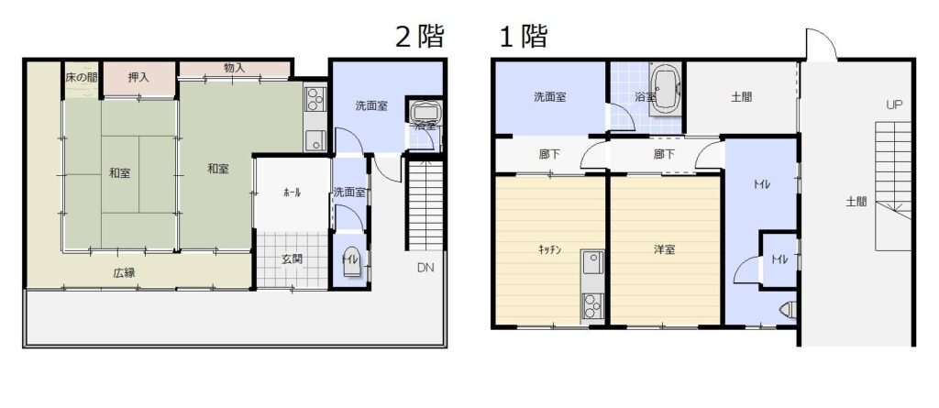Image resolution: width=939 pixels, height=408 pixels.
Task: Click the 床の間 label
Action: (x=81, y=77)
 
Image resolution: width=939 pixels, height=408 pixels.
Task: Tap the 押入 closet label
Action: (x=139, y=77)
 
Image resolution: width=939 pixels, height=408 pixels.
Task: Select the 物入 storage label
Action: (x=234, y=68)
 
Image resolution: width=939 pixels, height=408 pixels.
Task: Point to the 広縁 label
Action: (x=124, y=272)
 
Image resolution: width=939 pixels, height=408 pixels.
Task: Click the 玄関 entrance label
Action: (x=292, y=259)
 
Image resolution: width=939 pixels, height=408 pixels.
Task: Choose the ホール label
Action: (x=292, y=193)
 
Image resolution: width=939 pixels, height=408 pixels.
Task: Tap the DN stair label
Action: (x=425, y=268)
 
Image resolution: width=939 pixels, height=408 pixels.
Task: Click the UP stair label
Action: (x=894, y=105)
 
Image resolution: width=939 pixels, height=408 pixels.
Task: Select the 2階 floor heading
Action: (x=420, y=36)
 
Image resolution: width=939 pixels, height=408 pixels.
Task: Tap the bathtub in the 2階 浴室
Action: (x=425, y=112)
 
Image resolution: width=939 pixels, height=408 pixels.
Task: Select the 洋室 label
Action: (x=664, y=249)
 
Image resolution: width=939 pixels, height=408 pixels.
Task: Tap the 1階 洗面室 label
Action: (x=550, y=96)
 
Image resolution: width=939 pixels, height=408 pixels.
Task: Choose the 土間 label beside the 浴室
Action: (x=741, y=96)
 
